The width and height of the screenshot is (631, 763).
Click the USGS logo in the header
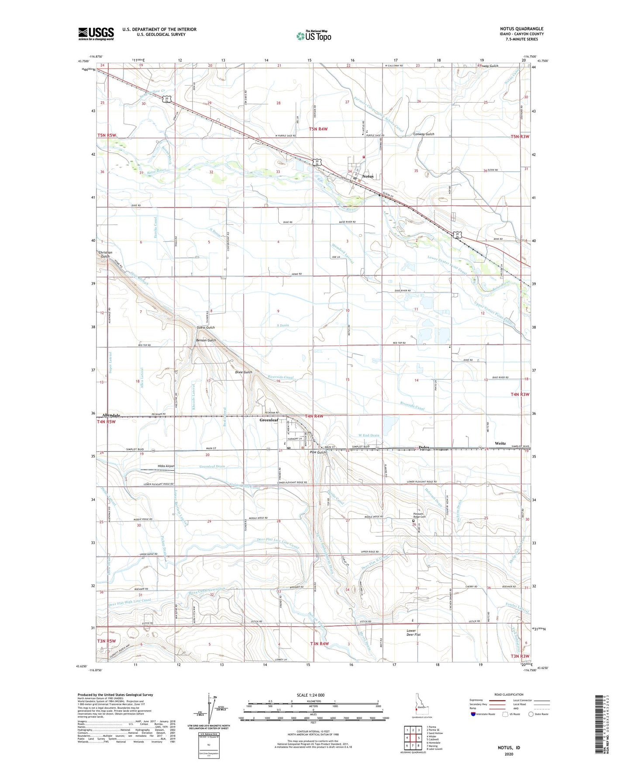click(x=96, y=33)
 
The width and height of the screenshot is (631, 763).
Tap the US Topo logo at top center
click(x=313, y=35)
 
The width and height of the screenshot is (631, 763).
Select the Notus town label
click(x=368, y=176)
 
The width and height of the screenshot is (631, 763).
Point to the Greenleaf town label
click(x=269, y=420)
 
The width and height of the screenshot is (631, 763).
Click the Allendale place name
click(x=111, y=415)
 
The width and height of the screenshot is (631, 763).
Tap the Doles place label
click(x=424, y=447)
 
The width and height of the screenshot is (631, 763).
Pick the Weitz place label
click(x=500, y=443)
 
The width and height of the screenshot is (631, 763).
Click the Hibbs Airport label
click(x=166, y=466)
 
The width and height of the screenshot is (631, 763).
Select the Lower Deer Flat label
click(x=410, y=632)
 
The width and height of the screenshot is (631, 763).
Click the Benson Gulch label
click(x=206, y=340)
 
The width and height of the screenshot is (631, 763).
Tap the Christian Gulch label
click(x=105, y=254)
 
